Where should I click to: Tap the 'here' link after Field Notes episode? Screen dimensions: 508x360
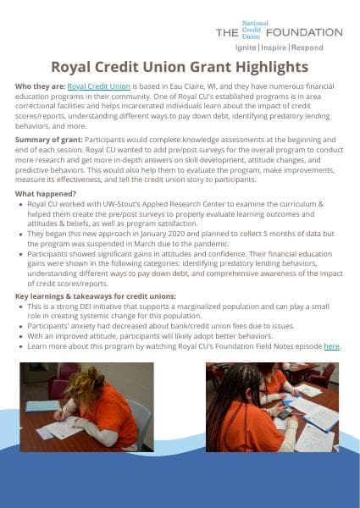(331, 346)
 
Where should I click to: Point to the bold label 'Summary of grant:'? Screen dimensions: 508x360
(47, 138)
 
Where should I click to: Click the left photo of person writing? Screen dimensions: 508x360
(86, 407)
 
